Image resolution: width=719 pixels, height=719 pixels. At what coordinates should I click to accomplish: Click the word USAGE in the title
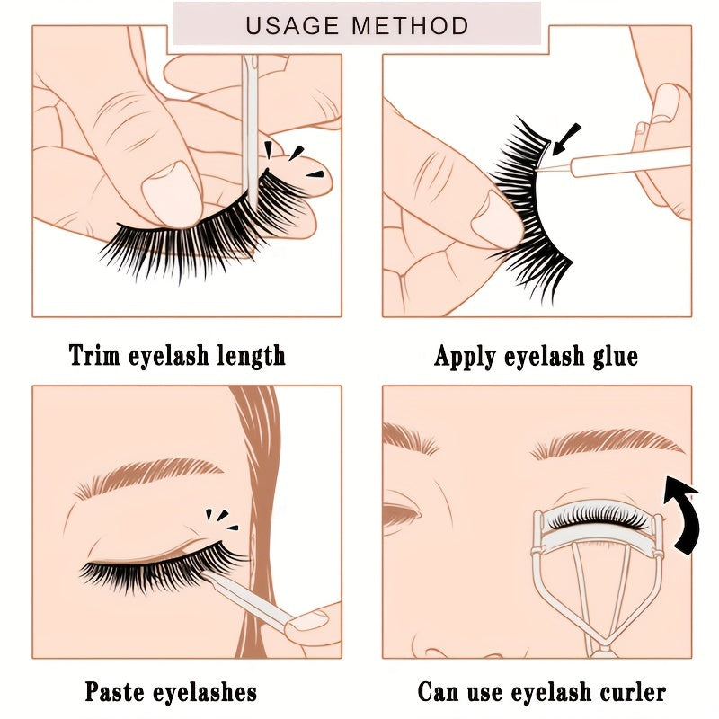click(294, 25)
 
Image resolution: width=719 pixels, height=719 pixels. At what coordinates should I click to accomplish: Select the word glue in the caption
click(610, 356)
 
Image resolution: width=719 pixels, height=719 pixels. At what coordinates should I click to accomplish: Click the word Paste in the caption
click(118, 692)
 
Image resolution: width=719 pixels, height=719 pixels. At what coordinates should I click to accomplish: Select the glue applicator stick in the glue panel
click(629, 163)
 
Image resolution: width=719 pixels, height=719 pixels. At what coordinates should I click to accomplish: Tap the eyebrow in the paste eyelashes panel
click(148, 476)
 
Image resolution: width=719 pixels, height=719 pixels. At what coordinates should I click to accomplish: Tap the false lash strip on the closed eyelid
click(162, 568)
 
